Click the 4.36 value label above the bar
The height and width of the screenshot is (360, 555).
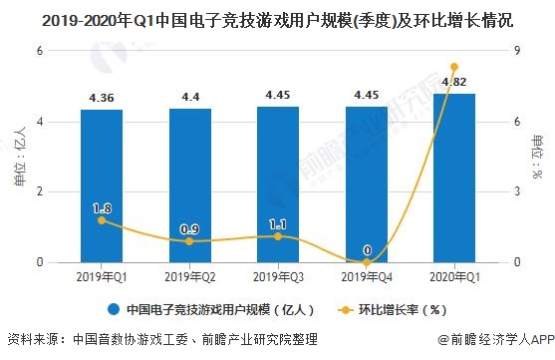coord(102,98)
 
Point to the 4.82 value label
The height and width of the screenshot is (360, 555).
coord(454,81)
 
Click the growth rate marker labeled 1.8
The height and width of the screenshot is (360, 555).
coord(102,220)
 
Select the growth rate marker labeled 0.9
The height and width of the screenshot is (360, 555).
coord(189,241)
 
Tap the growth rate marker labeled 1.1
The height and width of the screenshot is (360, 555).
coord(278,236)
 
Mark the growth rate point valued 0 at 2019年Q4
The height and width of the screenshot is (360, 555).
coord(366,262)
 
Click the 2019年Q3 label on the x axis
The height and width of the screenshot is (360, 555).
coord(278,276)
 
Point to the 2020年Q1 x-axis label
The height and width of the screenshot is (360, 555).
coord(454,276)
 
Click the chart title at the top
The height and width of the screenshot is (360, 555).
coord(277,19)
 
